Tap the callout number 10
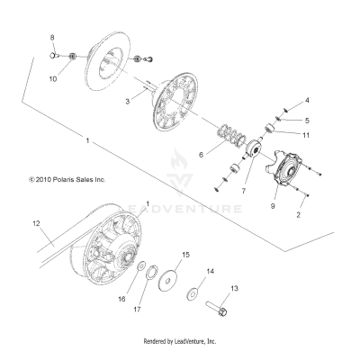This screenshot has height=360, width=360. point(53,79)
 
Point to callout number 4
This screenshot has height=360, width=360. point(307,100)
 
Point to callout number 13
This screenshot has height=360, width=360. point(234,289)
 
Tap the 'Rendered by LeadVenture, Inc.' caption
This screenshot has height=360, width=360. point(180,342)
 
